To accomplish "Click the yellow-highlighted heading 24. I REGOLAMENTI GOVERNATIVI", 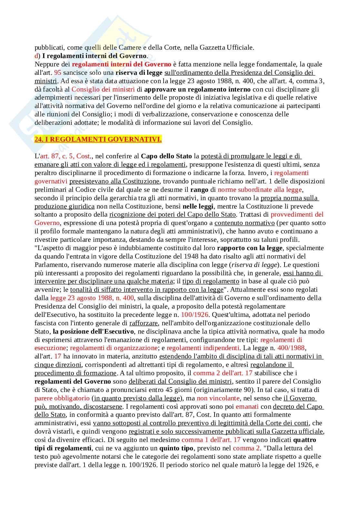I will pyautogui.click(x=98, y=139).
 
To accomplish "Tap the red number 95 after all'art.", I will pyautogui.click(x=57, y=73).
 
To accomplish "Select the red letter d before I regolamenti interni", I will pyautogui.click(x=36, y=56).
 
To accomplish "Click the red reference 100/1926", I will pyautogui.click(x=195, y=315).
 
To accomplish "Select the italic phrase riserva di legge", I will pyautogui.click(x=255, y=265).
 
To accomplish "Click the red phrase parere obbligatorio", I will pyautogui.click(x=62, y=398).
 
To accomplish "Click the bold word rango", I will pyautogui.click(x=199, y=190).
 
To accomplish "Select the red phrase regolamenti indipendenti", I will pyautogui.click(x=203, y=348).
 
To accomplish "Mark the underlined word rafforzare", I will pyautogui.click(x=144, y=323).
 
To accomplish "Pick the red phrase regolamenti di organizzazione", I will pyautogui.click(x=114, y=348).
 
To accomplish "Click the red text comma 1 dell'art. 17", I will pyautogui.click(x=211, y=440).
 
